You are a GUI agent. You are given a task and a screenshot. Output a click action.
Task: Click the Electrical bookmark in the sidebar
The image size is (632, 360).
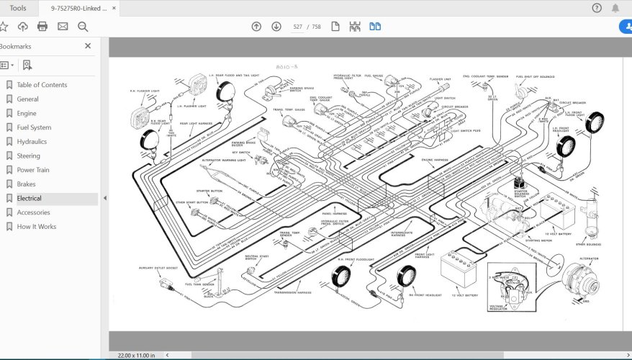click(x=30, y=198)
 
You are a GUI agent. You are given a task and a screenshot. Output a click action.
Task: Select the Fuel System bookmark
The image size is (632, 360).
click(x=34, y=127)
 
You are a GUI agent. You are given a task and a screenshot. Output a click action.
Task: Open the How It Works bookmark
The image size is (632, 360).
click(x=36, y=226)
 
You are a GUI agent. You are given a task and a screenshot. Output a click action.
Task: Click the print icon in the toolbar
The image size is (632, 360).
click(x=42, y=27)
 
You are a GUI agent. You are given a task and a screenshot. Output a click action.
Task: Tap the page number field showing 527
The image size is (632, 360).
click(x=297, y=27)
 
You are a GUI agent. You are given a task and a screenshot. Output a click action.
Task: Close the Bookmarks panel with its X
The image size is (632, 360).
click(x=88, y=46)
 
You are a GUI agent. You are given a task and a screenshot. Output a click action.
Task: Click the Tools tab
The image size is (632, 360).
click(x=18, y=8)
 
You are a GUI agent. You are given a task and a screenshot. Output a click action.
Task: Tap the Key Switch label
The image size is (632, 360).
click(x=244, y=152)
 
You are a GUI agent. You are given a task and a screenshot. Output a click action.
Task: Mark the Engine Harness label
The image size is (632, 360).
click(x=436, y=158)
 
